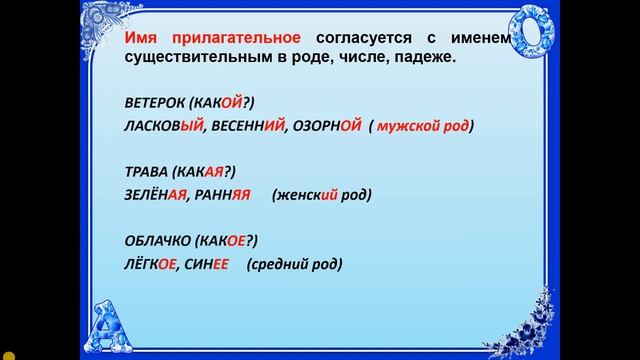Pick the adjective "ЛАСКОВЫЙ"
161,127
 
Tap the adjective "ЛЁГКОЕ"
149,264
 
